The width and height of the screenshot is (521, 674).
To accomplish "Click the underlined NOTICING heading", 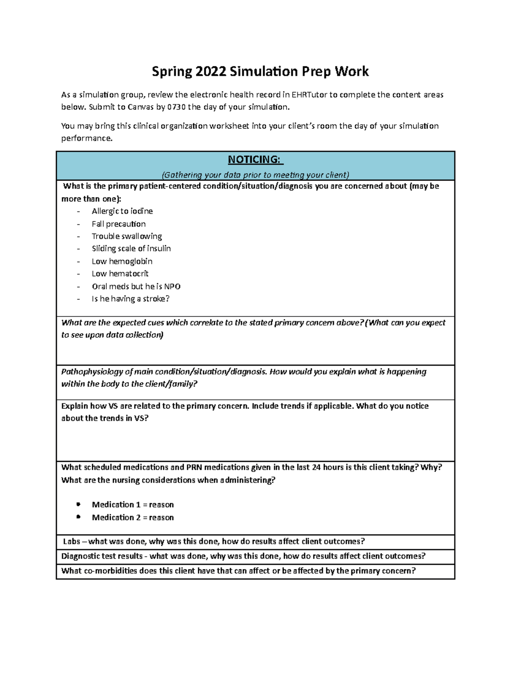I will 255,160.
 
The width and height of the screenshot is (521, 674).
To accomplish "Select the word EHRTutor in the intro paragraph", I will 309,95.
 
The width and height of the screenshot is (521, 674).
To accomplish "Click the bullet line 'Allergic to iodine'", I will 122,211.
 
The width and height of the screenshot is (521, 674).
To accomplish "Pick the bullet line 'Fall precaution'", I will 119,224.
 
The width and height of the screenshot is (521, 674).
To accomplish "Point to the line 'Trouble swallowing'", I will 127,237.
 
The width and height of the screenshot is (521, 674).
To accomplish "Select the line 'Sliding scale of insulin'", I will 131,249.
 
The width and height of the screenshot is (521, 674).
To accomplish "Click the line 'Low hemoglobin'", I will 122,261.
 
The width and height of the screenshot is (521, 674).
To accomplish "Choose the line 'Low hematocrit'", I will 120,274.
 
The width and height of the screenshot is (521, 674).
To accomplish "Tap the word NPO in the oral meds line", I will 172,286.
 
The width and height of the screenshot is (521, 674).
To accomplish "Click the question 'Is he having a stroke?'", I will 130,299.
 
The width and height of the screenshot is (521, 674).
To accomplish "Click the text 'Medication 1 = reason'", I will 132,505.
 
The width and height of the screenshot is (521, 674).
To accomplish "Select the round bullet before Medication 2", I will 78,517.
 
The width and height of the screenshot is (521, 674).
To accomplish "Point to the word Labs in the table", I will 72,542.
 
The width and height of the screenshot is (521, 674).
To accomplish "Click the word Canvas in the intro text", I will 138,107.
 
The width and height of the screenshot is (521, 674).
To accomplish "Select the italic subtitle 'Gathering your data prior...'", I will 255,175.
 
